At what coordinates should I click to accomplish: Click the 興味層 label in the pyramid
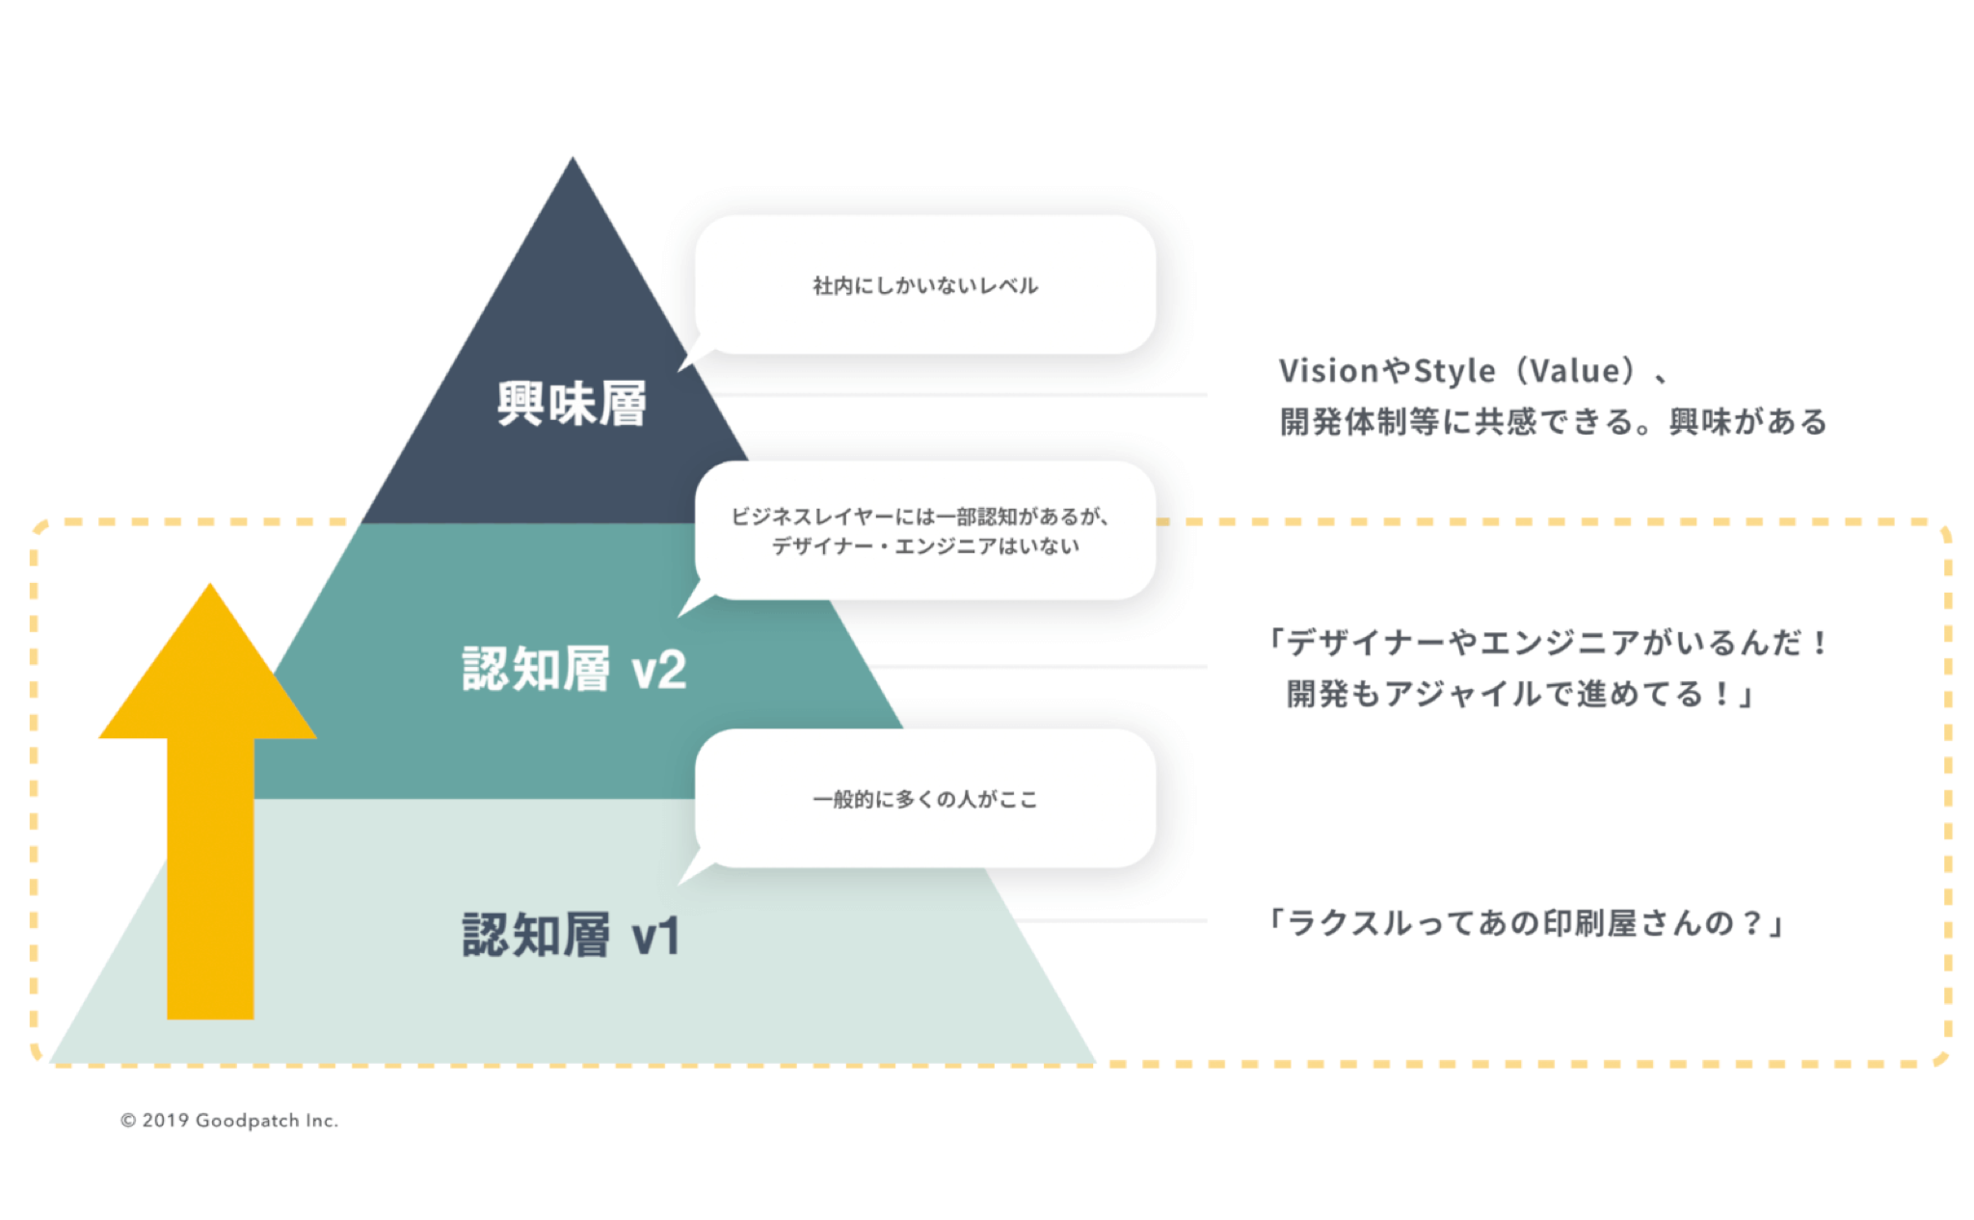pyautogui.click(x=572, y=403)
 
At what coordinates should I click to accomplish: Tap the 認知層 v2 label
pyautogui.click(x=574, y=669)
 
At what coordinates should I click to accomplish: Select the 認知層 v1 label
pyautogui.click(x=573, y=935)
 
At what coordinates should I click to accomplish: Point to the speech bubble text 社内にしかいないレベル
pyautogui.click(x=925, y=285)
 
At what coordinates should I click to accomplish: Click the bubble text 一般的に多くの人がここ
pyautogui.click(x=925, y=799)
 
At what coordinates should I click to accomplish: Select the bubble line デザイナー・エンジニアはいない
pyautogui.click(x=925, y=546)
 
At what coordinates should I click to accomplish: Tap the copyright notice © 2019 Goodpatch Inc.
pyautogui.click(x=229, y=1120)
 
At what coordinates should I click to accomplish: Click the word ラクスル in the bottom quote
pyautogui.click(x=1350, y=923)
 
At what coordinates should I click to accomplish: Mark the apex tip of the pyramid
pyautogui.click(x=573, y=157)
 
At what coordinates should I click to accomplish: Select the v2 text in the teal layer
pyautogui.click(x=659, y=670)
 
